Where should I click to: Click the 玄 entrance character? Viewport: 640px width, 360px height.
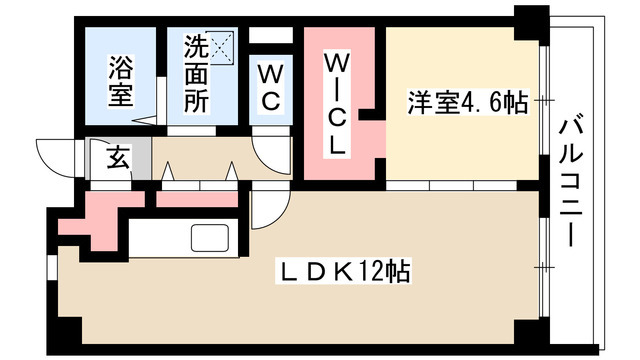coord(118,157)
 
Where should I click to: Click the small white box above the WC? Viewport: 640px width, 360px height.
coord(271,36)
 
